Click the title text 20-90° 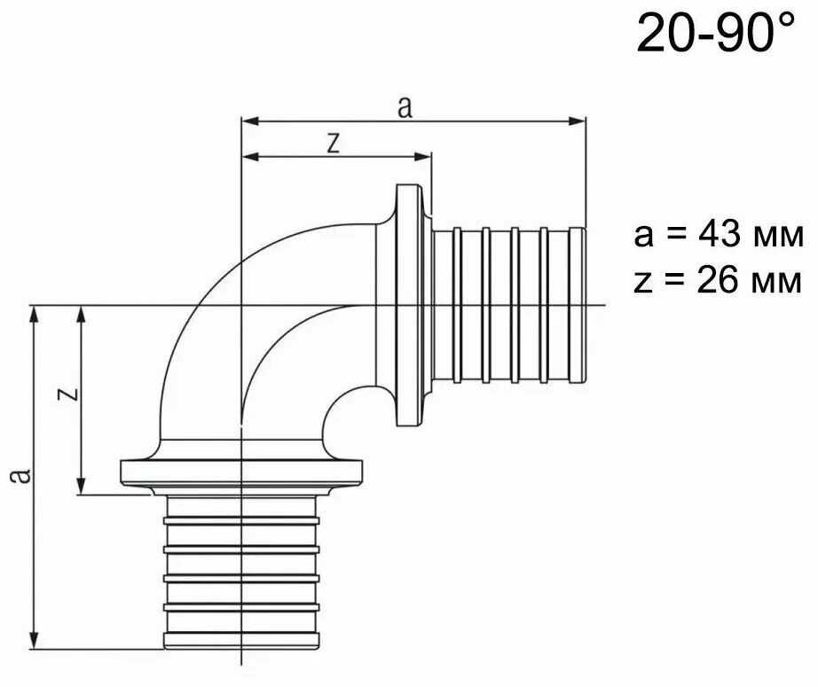716,34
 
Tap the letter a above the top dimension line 405,107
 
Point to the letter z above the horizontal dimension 334,143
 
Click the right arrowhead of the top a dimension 577,121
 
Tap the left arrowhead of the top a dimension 250,121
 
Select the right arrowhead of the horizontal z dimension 422,156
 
